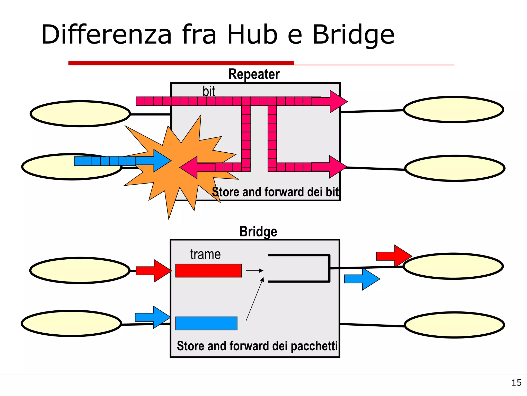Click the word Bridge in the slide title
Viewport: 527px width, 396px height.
coord(353,35)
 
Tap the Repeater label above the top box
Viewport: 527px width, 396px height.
coord(254,74)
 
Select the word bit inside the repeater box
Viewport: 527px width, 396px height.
coord(209,91)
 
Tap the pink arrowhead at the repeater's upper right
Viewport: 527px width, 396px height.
coord(337,102)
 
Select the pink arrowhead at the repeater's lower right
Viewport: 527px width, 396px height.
coord(337,167)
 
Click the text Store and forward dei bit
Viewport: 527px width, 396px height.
coord(275,192)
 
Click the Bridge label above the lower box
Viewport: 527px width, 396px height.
coord(258,231)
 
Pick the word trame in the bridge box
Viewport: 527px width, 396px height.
coord(205,254)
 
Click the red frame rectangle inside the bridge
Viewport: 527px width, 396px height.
coord(208,270)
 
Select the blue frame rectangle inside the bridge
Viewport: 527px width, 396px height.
coord(206,323)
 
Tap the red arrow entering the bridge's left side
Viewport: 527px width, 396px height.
coord(153,271)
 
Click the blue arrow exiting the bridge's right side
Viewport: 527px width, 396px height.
coord(362,279)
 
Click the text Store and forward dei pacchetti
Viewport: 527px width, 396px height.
coord(257,346)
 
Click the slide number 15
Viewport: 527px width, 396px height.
coord(516,383)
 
